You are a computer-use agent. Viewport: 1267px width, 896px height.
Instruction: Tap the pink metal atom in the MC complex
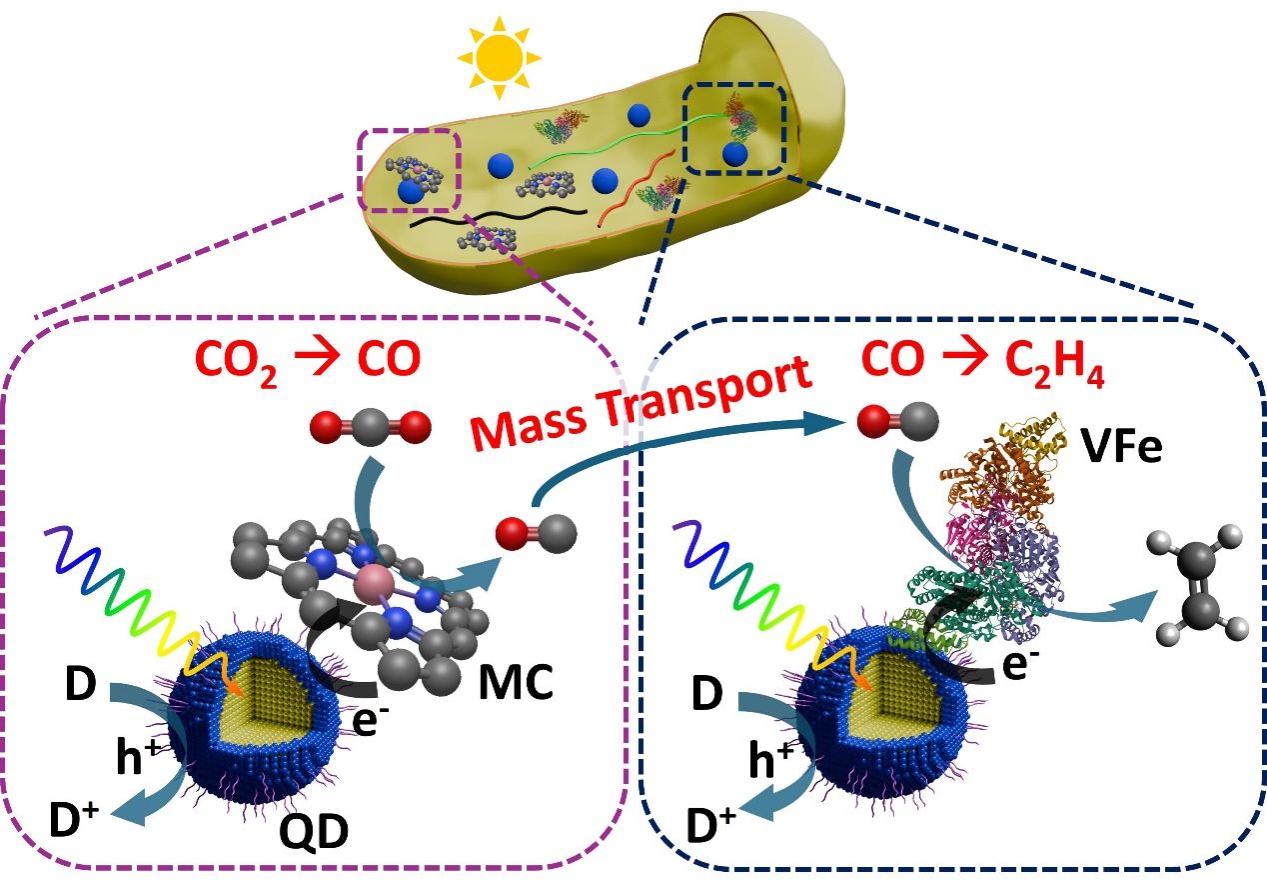[375, 578]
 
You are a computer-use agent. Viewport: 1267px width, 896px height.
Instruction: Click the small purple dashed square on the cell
[408, 171]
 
